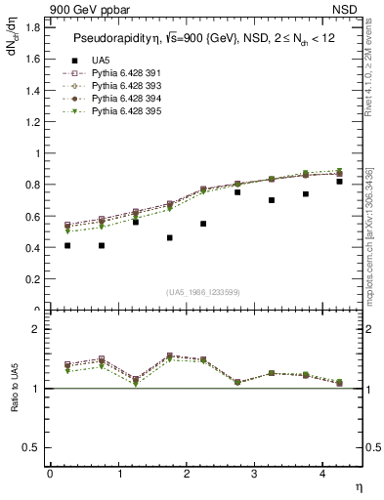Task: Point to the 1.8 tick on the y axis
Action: (x=32, y=27)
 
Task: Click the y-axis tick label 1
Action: (x=37, y=153)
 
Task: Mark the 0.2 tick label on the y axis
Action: (x=32, y=279)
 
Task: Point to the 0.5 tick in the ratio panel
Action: (x=32, y=447)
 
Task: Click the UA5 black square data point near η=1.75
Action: (x=169, y=237)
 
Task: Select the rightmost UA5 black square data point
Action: (x=339, y=182)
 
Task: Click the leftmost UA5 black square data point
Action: (x=66, y=245)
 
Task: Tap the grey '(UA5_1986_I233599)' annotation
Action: (x=203, y=291)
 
